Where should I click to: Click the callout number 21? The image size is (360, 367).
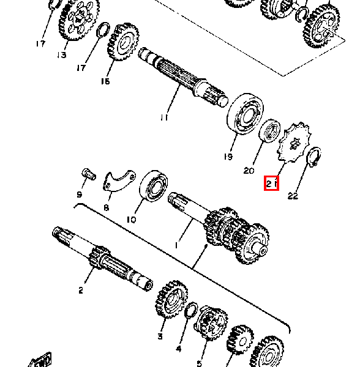click(x=272, y=183)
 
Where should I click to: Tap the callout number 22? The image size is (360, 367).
click(x=293, y=196)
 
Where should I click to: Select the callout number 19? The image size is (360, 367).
click(x=228, y=157)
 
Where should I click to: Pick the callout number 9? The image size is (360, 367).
click(x=80, y=195)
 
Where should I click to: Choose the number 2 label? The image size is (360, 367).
click(x=80, y=291)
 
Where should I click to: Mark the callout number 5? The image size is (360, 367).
click(x=200, y=355)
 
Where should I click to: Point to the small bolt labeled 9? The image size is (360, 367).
click(x=88, y=176)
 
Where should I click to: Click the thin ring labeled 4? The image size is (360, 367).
click(x=190, y=310)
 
